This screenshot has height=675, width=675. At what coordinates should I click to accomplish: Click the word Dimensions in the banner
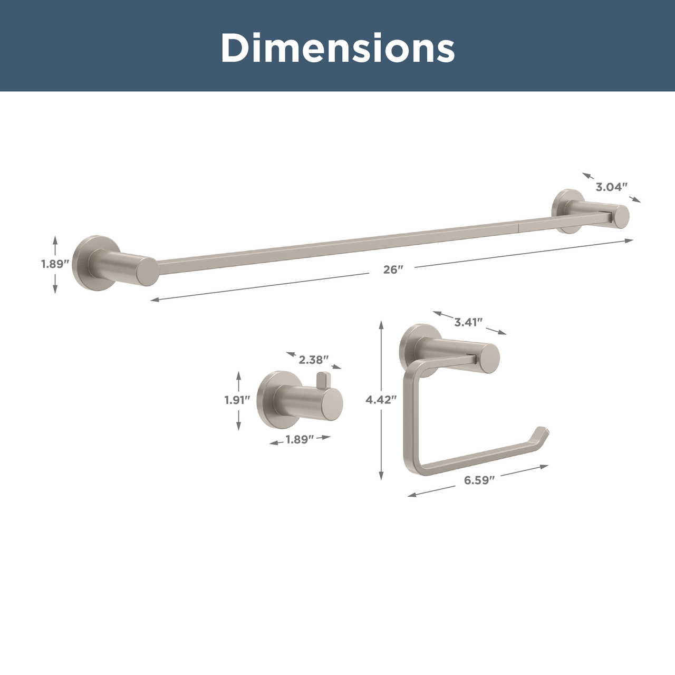pos(337,47)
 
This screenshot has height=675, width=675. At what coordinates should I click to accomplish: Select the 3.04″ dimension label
pos(611,187)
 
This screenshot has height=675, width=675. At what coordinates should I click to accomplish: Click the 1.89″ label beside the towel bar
pos(55,264)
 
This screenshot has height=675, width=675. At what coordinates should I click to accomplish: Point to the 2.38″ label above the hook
pos(313,360)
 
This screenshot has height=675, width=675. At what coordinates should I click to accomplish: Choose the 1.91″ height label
pos(237,400)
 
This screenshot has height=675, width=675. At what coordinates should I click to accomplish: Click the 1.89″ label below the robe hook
pos(300,439)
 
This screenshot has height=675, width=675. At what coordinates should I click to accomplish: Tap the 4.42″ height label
pos(381,399)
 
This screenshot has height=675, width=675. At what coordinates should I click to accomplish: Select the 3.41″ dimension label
pos(469,322)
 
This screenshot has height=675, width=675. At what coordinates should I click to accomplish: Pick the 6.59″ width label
pos(479,480)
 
